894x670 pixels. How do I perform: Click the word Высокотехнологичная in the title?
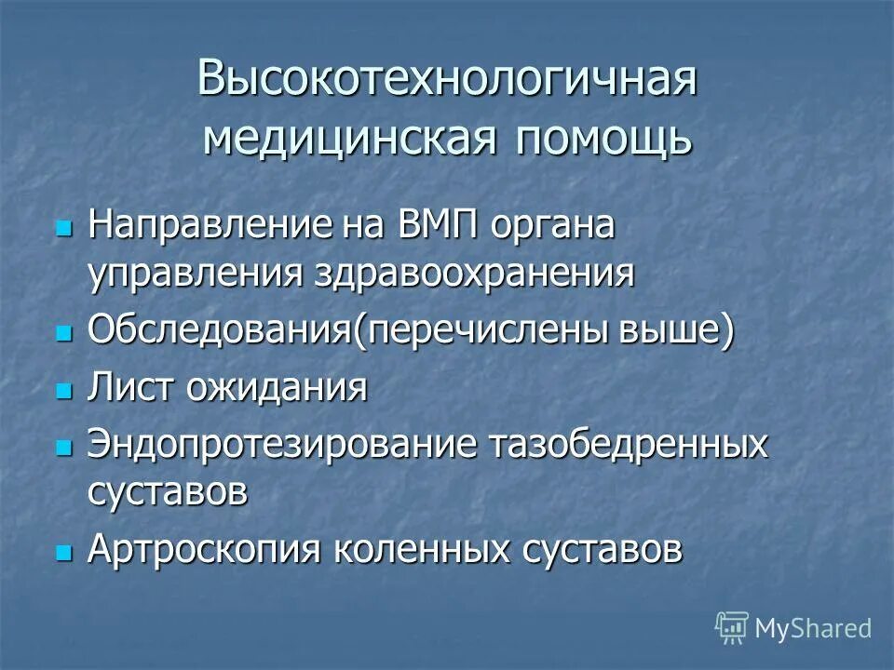[447, 79]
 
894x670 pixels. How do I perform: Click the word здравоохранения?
[482, 275]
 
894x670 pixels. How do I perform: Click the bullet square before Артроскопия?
[64, 552]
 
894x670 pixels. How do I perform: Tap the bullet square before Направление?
[64, 228]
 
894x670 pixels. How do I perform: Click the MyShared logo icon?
[732, 628]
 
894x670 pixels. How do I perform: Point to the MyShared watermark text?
[812, 628]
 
